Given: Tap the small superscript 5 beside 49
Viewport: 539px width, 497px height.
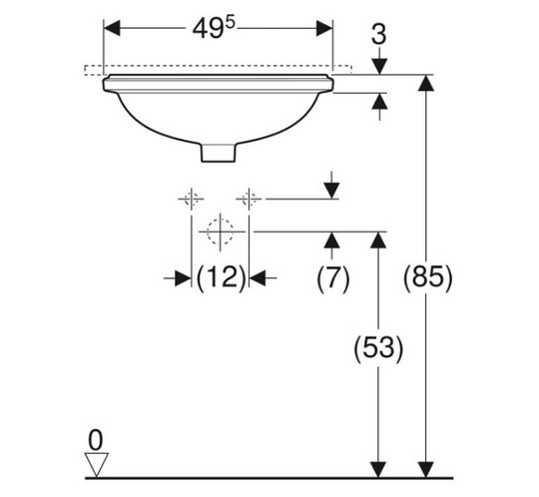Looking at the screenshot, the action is coord(231,23).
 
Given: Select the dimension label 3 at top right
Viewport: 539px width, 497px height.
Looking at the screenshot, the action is coord(379,34).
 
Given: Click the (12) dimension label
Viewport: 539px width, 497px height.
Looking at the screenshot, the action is coord(222,277).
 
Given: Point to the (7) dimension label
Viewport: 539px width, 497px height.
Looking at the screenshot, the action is coord(332,277).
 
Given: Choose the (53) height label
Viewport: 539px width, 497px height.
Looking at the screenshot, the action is coord(378,347).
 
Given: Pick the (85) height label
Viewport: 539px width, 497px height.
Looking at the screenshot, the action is coord(427,277).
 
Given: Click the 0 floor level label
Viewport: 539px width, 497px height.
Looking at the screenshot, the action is coord(95,440).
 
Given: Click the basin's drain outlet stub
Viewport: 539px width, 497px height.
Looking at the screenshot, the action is coord(219,153).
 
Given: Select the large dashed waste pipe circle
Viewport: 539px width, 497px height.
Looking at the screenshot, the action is coord(220,232).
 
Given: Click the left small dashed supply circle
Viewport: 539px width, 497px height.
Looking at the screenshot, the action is coord(192,199).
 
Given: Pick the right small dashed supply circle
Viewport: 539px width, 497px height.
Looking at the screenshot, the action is coord(249,199).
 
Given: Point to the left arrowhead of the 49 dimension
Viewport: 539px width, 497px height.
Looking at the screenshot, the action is coord(112,28).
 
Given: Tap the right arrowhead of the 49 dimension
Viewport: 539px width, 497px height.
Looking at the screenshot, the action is coord(324,28).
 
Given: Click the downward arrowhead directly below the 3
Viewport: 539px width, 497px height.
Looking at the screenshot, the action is coord(379,66).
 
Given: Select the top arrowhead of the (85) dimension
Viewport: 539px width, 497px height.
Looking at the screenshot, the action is coord(426,83).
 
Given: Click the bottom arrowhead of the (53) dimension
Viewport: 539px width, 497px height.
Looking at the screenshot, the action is coord(378,469).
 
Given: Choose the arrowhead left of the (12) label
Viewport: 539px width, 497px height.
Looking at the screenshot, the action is coord(183,278).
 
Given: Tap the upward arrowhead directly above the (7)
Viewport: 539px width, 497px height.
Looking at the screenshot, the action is coord(331,241).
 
